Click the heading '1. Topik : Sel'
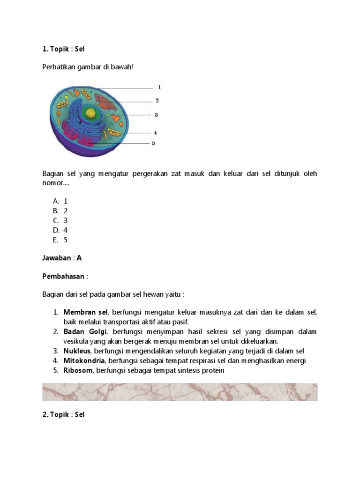tap(63, 49)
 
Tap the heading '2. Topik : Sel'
tap(63, 415)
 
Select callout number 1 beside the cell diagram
tap(159, 87)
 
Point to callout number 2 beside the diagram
tap(157, 100)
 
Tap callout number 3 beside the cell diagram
tap(156, 115)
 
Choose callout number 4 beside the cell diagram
tap(155, 133)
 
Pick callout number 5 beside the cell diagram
tap(153, 143)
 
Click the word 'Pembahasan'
tap(64, 276)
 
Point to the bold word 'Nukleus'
tap(77, 351)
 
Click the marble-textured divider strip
tap(180, 392)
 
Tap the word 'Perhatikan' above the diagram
tap(59, 67)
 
